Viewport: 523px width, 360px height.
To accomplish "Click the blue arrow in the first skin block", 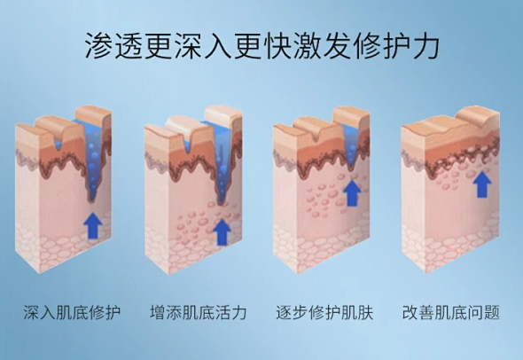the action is (x=93, y=225).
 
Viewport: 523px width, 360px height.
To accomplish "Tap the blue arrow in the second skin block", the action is (x=222, y=232).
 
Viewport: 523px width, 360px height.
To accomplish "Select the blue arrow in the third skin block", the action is (x=352, y=192).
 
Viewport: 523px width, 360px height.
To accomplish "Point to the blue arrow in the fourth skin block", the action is (x=482, y=184).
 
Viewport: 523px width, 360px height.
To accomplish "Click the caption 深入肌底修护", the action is (x=72, y=312).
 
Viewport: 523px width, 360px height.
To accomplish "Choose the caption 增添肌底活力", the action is (x=199, y=312).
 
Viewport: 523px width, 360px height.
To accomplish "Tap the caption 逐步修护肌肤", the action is (x=324, y=312).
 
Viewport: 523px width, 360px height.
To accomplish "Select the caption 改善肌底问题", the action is (x=451, y=312).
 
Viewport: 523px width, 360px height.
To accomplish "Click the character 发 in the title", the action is (x=335, y=46).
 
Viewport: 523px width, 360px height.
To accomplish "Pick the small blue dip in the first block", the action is (x=59, y=145).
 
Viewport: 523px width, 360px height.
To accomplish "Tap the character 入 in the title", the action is (x=217, y=46).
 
